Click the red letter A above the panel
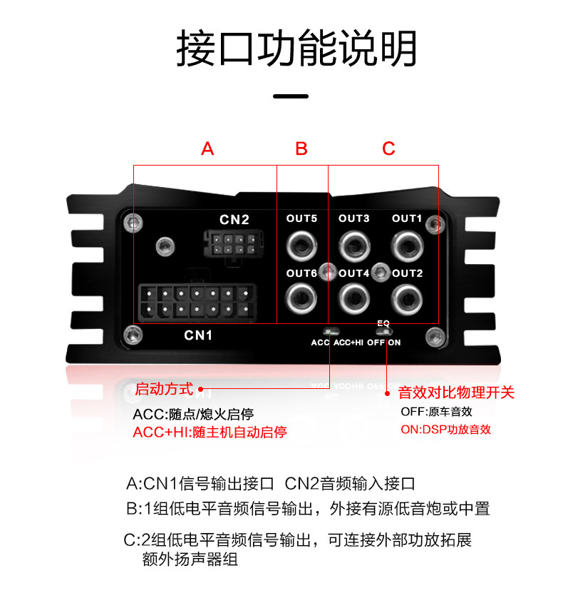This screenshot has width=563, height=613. pos(207,148)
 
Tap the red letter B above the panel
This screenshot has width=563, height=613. pos(301,148)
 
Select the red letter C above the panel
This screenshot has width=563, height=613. pos(388,148)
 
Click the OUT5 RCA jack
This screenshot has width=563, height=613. pos(301,246)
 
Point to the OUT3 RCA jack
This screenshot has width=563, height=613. pos(353,246)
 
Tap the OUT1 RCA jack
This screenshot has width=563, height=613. pos(406,246)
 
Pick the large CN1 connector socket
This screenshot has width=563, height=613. pos(197,302)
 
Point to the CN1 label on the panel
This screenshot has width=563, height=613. pos(198,335)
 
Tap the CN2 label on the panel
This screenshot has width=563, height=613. pos(234,219)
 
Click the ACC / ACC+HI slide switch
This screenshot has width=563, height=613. pos(331,331)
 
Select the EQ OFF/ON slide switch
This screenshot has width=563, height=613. pos(384,332)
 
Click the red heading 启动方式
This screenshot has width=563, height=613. pos(164,390)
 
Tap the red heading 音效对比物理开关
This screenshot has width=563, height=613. pos(455,392)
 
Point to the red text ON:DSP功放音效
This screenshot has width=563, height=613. pos(445,430)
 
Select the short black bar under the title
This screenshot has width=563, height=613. pos(291,96)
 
